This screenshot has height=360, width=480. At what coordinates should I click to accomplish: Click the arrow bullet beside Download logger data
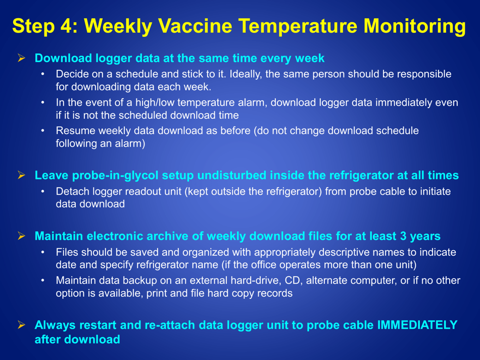pyautogui.click(x=22, y=59)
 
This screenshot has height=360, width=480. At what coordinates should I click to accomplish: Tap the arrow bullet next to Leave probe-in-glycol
pyautogui.click(x=22, y=176)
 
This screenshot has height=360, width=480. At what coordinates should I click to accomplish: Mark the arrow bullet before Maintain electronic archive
pyautogui.click(x=22, y=237)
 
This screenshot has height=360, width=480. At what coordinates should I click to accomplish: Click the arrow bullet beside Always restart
pyautogui.click(x=22, y=326)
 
